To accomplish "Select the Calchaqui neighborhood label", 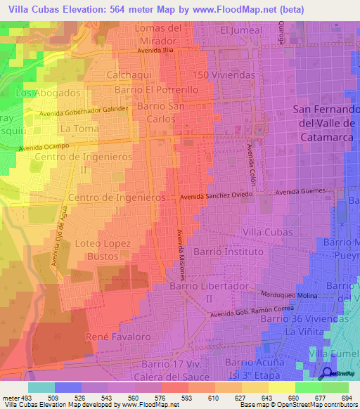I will (130, 74).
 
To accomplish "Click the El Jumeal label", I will (240, 30).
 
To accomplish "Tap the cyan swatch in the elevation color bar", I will (41, 387).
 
